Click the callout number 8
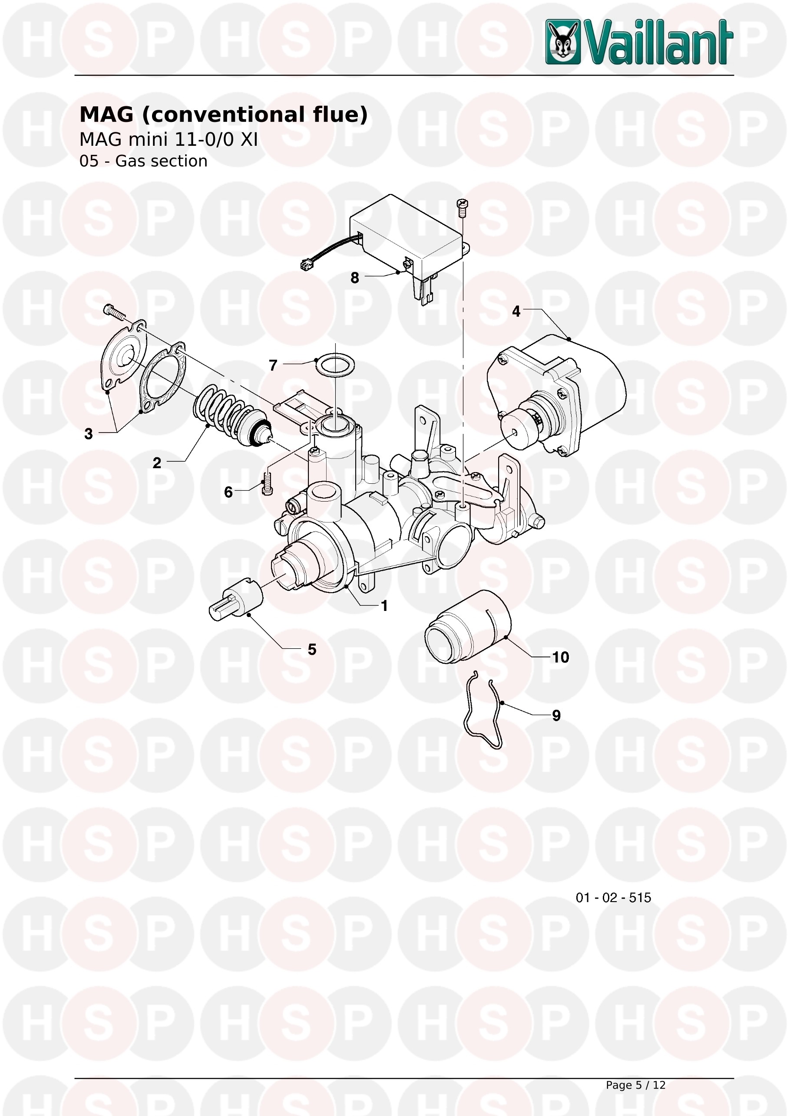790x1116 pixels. pyautogui.click(x=355, y=278)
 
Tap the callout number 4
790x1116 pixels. pyautogui.click(x=516, y=311)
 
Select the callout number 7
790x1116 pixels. pyautogui.click(x=273, y=365)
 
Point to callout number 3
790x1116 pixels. pyautogui.click(x=89, y=433)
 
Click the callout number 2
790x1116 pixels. pyautogui.click(x=157, y=463)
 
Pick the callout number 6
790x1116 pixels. pyautogui.click(x=228, y=492)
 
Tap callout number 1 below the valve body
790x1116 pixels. pyautogui.click(x=384, y=606)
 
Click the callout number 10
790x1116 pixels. pyautogui.click(x=560, y=657)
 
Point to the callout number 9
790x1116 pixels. pyautogui.click(x=556, y=716)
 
